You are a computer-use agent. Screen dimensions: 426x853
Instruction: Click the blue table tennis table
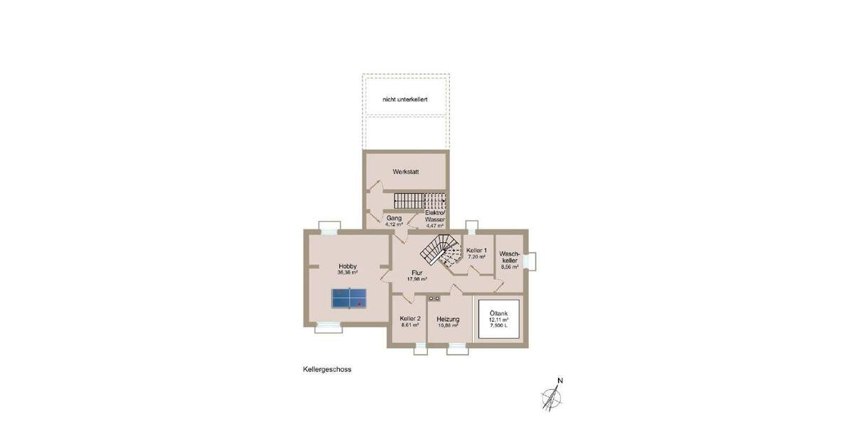point(348,298)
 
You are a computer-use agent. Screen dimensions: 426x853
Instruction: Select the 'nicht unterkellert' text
point(404,100)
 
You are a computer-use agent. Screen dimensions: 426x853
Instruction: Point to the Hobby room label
point(348,266)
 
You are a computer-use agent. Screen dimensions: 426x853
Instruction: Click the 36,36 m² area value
point(348,273)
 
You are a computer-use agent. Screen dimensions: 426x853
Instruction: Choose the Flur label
point(417,273)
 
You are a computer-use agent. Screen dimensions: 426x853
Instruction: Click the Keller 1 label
point(476,251)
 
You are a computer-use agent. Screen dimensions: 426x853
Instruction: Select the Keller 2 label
point(410,319)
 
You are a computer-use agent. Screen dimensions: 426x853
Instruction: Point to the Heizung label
point(448,319)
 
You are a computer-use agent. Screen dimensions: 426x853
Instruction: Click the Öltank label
point(498,312)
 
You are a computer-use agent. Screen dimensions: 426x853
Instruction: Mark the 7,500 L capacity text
point(498,326)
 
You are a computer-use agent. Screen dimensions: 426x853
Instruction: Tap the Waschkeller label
point(510,257)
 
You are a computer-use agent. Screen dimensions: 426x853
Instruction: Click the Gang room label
point(395,218)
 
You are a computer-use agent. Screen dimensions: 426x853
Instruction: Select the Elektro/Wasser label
point(434,217)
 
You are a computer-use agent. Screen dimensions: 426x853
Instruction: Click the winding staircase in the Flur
point(437,250)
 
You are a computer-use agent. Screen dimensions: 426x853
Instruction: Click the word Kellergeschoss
point(327,369)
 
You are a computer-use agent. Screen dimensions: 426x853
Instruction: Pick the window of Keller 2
point(420,348)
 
